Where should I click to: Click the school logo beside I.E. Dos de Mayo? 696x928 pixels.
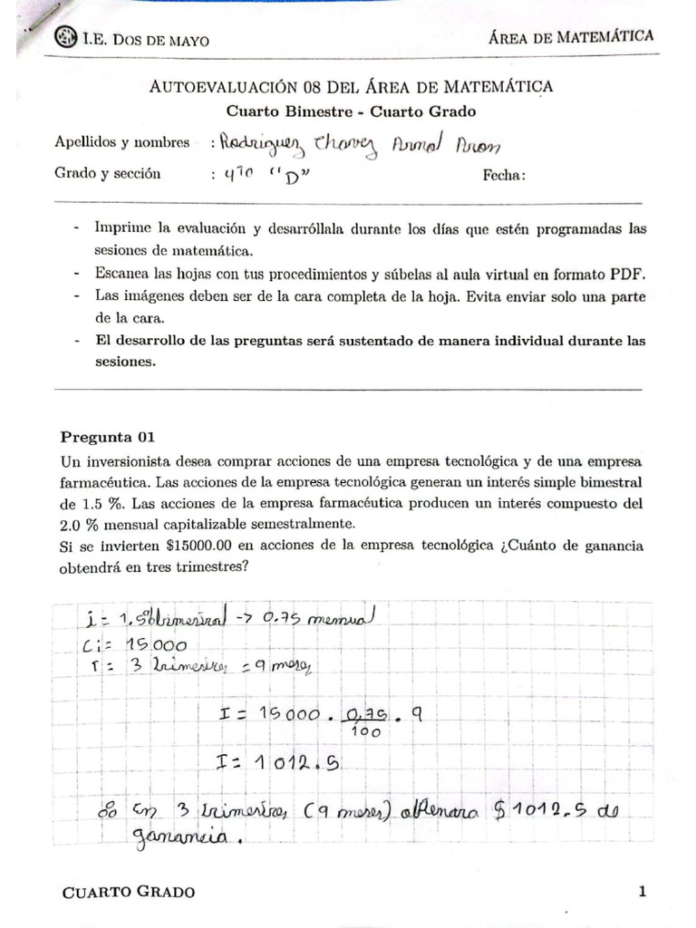tap(66, 38)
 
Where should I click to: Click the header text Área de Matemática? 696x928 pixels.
tap(571, 36)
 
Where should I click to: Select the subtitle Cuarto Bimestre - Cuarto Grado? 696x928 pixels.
tap(351, 111)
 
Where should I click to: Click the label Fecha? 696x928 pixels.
tap(504, 175)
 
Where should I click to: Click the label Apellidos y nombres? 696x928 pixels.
tap(122, 142)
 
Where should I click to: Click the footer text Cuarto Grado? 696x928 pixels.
tap(128, 893)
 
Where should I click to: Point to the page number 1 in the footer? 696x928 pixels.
tap(642, 892)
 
